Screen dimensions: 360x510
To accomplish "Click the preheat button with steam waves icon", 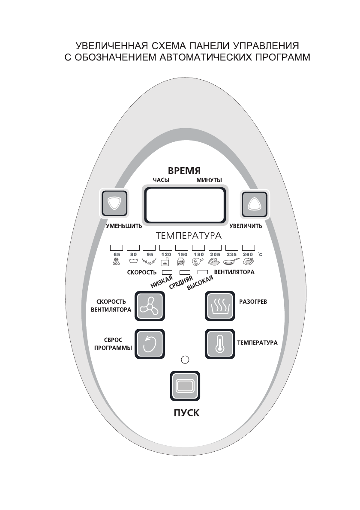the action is coord(219,306).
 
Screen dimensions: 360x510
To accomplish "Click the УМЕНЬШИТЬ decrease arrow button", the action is coord(114,203).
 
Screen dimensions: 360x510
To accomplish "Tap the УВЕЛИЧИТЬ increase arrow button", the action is coord(254,203).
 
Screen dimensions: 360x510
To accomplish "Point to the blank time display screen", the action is coord(185,205).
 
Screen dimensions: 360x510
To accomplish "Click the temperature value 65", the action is coord(117,255).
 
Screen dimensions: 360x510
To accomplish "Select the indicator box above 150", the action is coord(182,247).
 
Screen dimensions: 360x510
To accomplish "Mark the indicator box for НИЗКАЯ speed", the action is coord(167,273).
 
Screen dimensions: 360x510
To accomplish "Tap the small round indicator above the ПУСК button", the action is coord(185,359).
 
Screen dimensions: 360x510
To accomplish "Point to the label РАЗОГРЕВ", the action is coord(252,302).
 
